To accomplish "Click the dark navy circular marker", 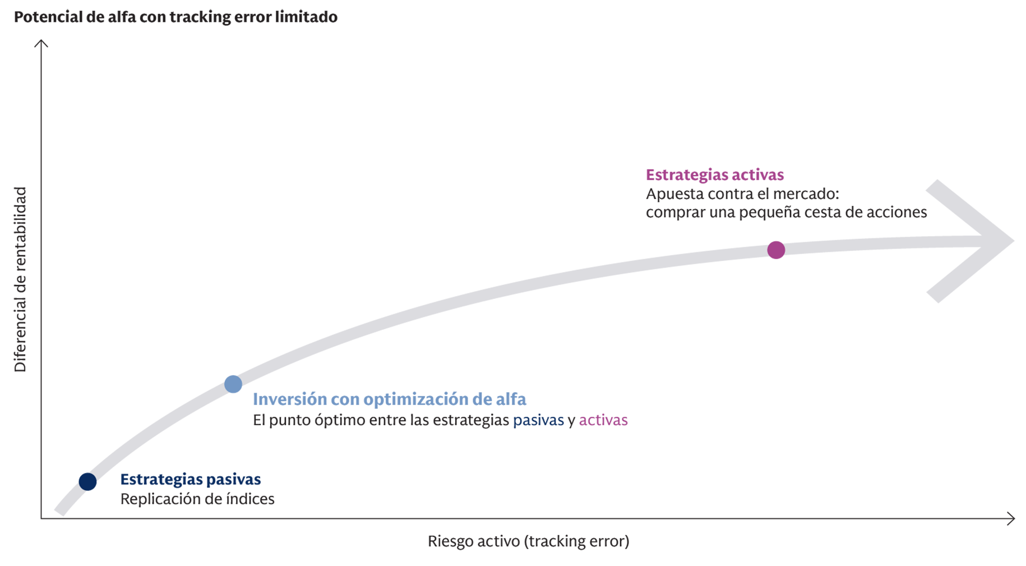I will [x=89, y=481].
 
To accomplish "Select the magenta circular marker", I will [x=776, y=250].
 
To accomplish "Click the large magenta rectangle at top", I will [x=671, y=90].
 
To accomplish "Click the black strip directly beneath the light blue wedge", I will [x=370, y=418].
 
